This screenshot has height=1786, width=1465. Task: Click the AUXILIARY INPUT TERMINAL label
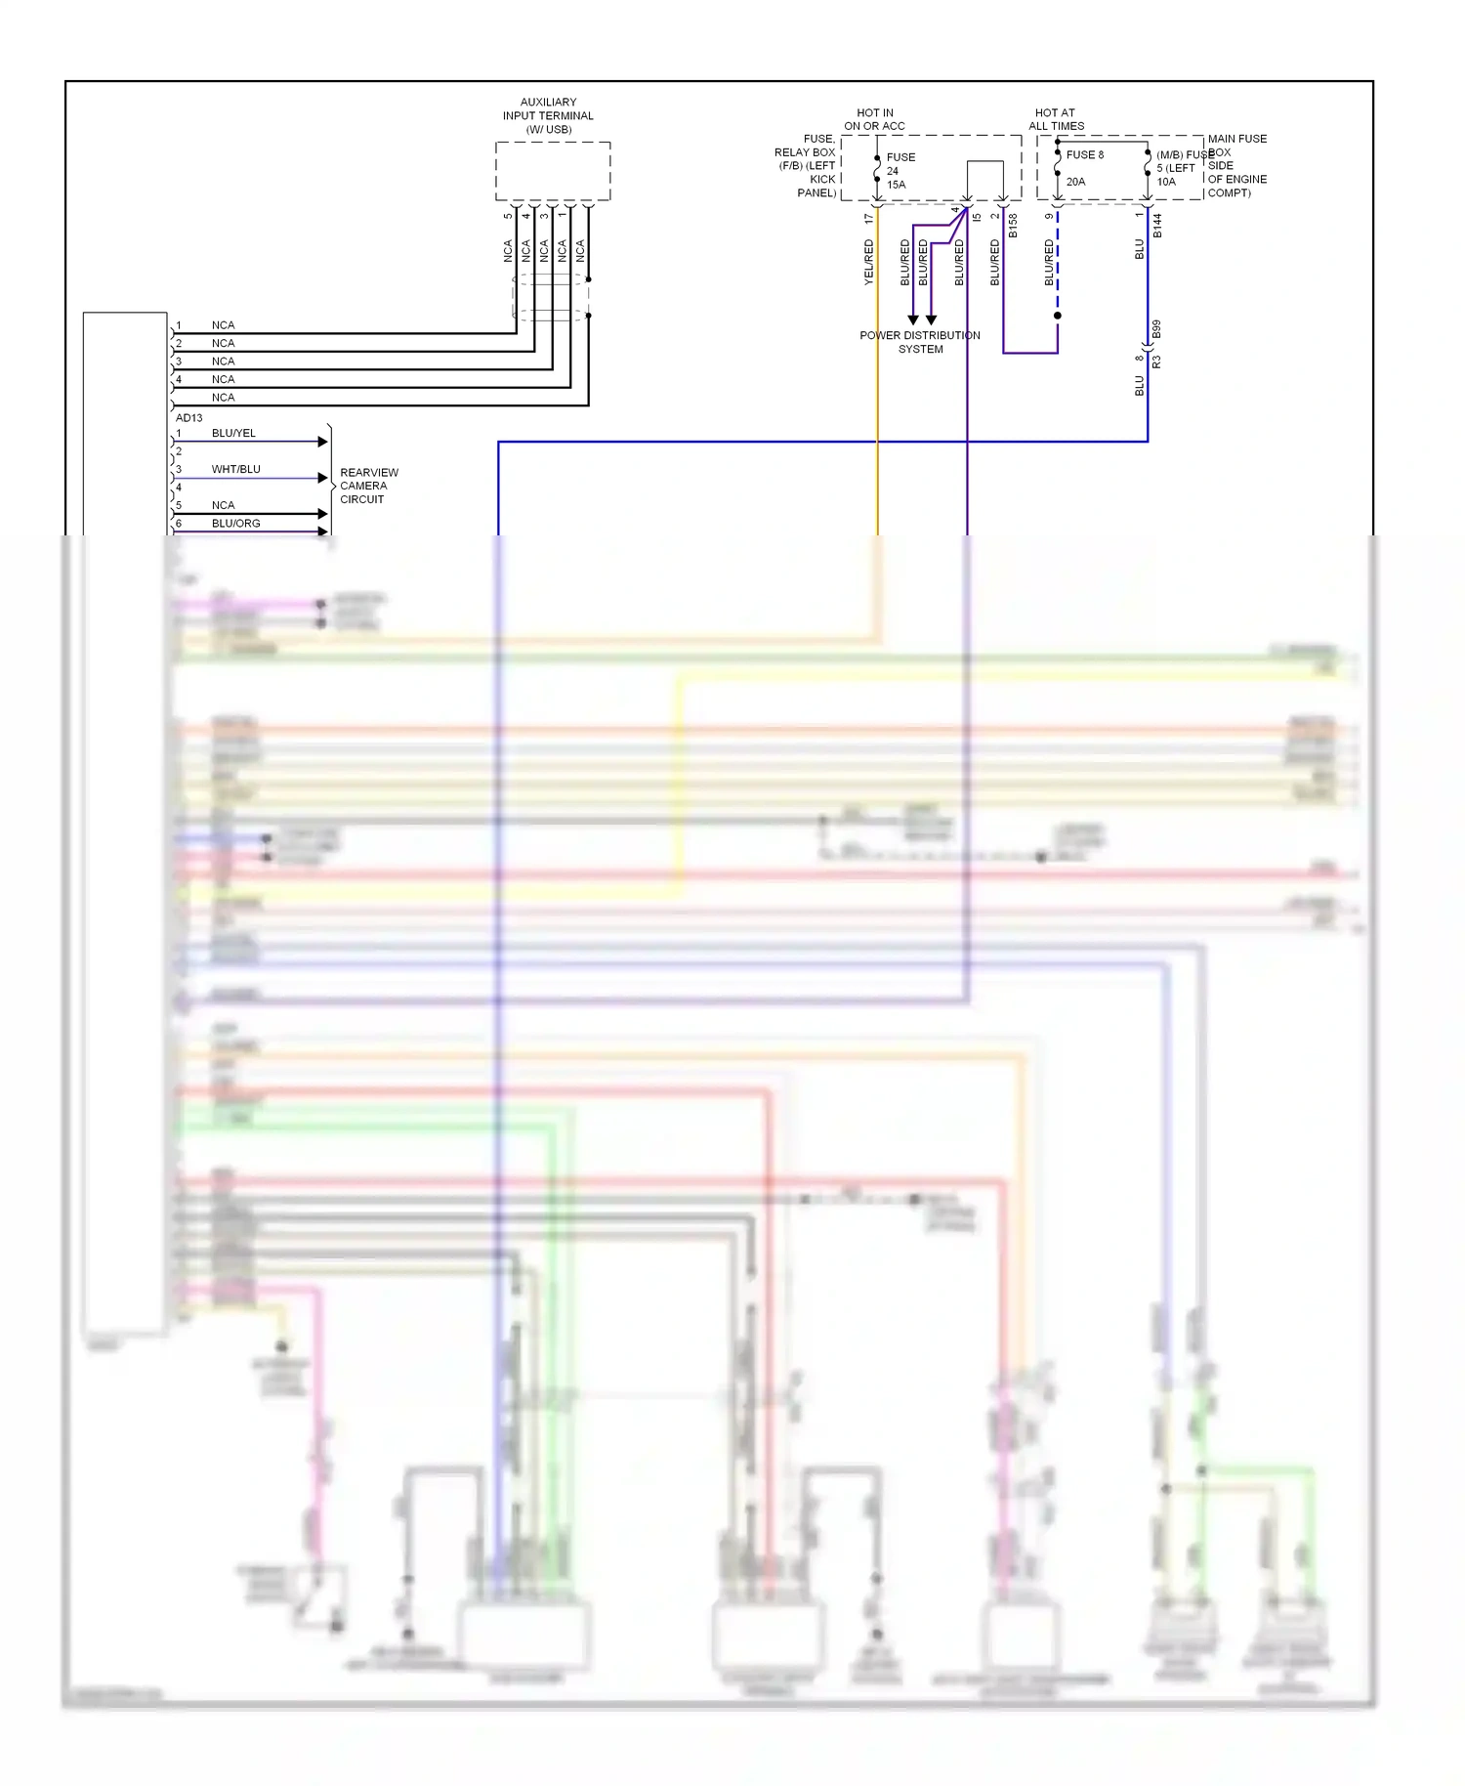pyautogui.click(x=548, y=115)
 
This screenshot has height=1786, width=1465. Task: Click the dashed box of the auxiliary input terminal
pyautogui.click(x=553, y=171)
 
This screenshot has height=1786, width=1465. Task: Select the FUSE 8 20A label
pyautogui.click(x=1083, y=167)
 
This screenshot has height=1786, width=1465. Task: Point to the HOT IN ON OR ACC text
pyautogui.click(x=874, y=119)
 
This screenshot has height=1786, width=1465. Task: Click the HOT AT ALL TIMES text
pyautogui.click(x=1056, y=119)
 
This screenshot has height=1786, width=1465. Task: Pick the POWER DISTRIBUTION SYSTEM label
pyautogui.click(x=920, y=342)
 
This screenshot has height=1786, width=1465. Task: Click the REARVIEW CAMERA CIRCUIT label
pyautogui.click(x=368, y=486)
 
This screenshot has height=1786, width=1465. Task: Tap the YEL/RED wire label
pyautogui.click(x=868, y=262)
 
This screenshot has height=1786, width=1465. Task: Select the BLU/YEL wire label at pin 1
pyautogui.click(x=233, y=433)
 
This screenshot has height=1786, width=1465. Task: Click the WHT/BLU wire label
pyautogui.click(x=235, y=469)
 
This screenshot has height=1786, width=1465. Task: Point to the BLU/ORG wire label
pyautogui.click(x=235, y=524)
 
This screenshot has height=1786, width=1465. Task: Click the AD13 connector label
pyautogui.click(x=188, y=417)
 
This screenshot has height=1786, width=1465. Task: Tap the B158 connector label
pyautogui.click(x=1013, y=226)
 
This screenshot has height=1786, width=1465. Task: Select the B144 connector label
pyautogui.click(x=1157, y=226)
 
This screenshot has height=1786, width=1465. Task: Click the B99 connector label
pyautogui.click(x=1156, y=329)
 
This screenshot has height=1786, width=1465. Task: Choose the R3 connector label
pyautogui.click(x=1156, y=361)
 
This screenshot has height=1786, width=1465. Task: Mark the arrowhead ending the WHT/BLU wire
pyautogui.click(x=323, y=478)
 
